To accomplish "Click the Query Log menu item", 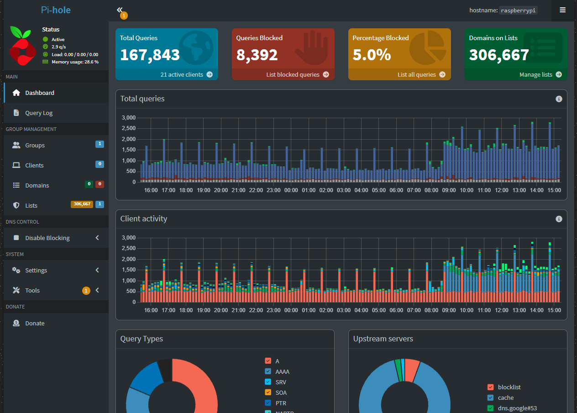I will point(39,113).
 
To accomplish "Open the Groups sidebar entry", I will point(35,145).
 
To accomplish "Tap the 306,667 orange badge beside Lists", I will point(82,204).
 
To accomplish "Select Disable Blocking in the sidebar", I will point(47,238).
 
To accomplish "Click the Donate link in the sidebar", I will point(35,323).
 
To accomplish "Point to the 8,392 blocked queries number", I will point(257,55).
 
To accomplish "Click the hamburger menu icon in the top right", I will point(562,10).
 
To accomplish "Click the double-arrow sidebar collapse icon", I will point(120,10).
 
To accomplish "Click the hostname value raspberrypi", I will point(518,10).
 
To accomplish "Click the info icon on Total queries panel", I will point(559,99).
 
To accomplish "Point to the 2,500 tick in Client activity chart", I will point(128,248).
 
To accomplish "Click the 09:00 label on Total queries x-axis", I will point(449,190).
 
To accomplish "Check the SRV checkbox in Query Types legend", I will point(268,382).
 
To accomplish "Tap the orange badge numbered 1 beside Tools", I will point(86,290).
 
